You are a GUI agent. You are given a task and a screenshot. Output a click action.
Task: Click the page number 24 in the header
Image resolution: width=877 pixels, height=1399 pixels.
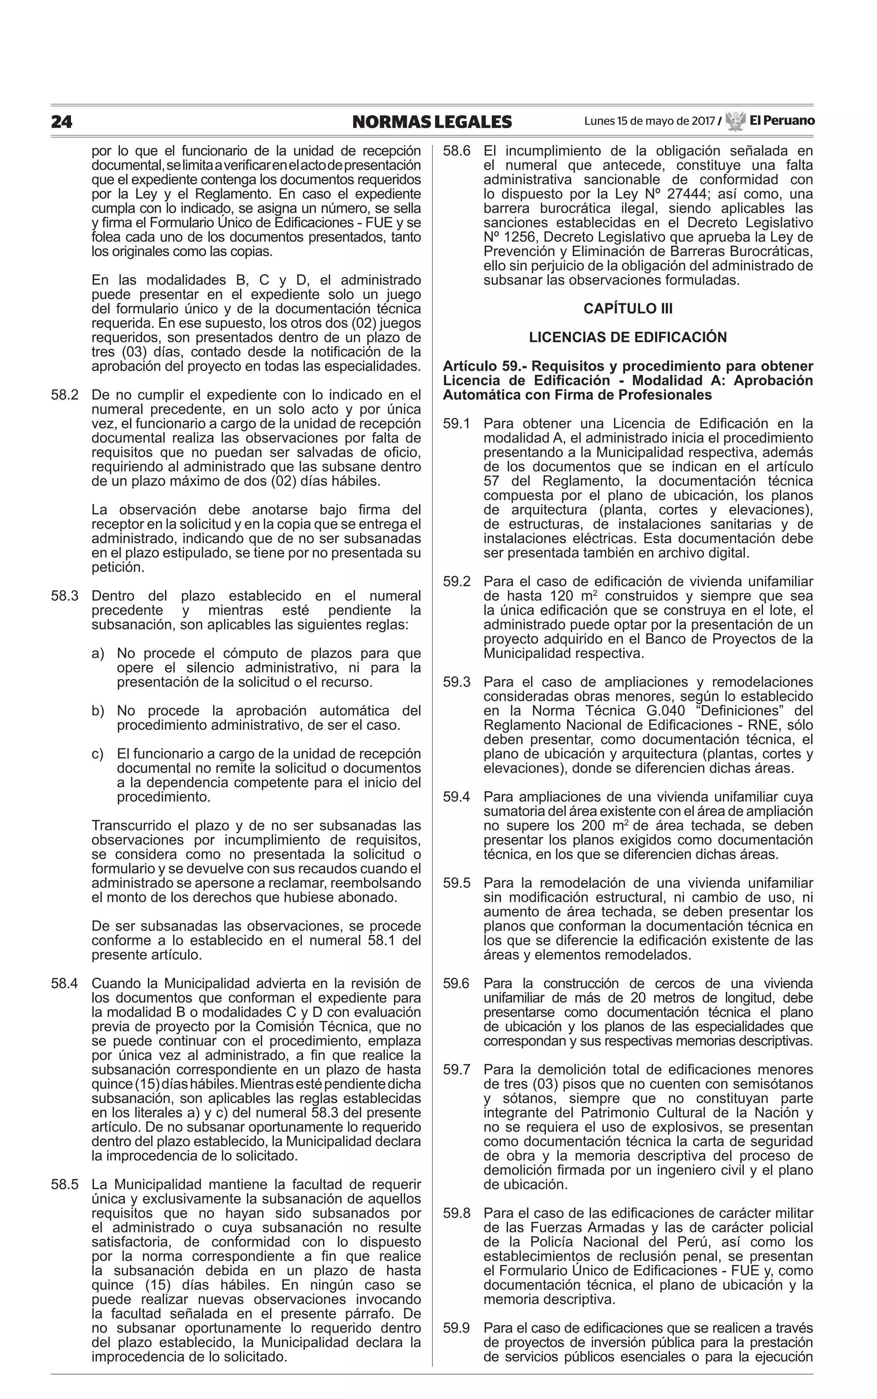(62, 122)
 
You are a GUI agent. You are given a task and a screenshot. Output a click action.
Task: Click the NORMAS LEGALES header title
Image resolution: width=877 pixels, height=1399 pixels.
(432, 122)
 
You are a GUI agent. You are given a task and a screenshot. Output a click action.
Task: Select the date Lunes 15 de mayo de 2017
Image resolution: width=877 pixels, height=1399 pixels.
(649, 121)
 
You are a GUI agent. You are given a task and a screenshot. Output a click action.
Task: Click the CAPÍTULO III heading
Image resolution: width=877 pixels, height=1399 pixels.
(628, 309)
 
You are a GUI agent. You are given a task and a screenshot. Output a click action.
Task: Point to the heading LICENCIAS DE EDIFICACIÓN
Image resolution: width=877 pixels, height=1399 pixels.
(628, 338)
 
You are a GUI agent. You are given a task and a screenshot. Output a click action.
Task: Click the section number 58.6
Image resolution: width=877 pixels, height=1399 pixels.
(456, 151)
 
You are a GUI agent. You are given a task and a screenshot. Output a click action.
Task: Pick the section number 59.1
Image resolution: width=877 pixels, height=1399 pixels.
(456, 424)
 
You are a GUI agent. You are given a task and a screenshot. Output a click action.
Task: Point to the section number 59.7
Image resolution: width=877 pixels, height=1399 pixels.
(456, 1069)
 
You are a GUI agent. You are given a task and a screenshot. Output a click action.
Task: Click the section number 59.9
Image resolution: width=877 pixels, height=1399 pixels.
(456, 1328)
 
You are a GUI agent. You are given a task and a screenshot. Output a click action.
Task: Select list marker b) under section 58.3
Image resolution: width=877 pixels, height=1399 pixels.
(98, 711)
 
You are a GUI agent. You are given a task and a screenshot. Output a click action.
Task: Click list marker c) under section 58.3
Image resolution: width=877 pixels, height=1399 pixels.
(98, 754)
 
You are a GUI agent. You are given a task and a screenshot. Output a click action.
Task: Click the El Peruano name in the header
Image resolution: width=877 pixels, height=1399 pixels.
(782, 121)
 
